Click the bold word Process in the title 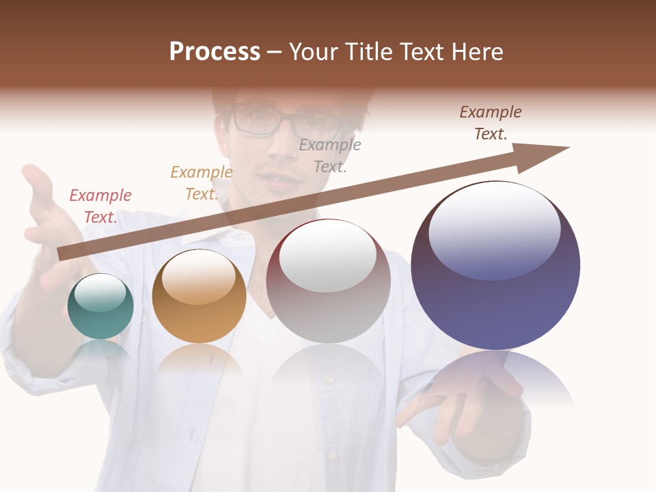click(x=215, y=52)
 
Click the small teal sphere click(x=100, y=307)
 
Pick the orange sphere click(x=199, y=297)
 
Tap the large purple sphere click(x=495, y=266)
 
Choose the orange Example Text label click(x=202, y=183)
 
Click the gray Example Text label click(x=330, y=155)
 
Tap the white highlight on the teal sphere click(x=100, y=292)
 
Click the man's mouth click(x=279, y=180)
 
